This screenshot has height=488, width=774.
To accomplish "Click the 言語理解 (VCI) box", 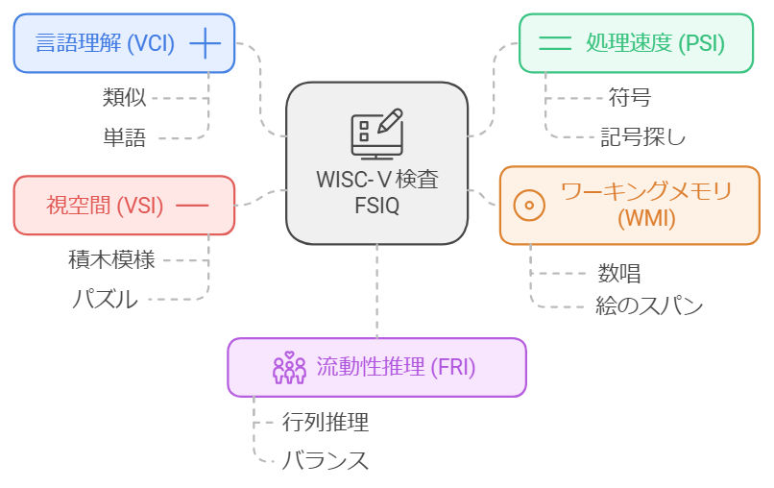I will tap(123, 43).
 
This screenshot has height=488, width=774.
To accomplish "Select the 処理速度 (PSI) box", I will tap(636, 43).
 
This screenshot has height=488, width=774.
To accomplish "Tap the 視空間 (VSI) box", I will tap(123, 206).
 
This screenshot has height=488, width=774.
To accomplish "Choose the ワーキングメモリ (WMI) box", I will tap(629, 205).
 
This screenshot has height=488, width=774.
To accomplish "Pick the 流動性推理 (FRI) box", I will tap(376, 367).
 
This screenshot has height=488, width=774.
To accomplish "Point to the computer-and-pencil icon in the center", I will tap(376, 133).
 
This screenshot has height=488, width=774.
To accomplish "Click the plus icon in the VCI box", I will tap(206, 43).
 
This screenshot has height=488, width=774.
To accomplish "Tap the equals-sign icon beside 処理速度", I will tap(554, 43).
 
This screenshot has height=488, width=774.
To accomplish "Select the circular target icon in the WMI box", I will tap(529, 205).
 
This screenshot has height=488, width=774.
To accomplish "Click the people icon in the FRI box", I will tap(288, 368).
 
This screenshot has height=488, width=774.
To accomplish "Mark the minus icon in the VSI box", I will tap(193, 206).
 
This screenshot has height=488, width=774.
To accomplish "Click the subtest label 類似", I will tap(125, 97).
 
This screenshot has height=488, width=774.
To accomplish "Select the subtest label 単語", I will tap(125, 137).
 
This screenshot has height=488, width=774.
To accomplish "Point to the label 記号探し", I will tap(642, 136).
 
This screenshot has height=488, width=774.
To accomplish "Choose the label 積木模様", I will tap(111, 259).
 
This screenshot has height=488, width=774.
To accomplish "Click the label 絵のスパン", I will tap(648, 306).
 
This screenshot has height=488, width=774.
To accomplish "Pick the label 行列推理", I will tap(326, 421).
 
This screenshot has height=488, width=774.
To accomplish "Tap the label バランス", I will tap(325, 460).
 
